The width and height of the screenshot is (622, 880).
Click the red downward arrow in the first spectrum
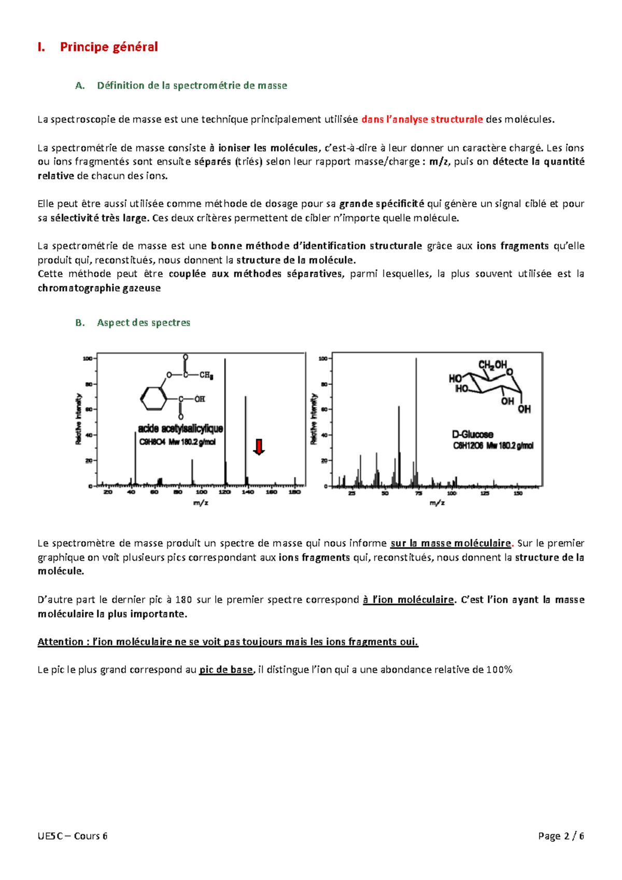tap(259, 446)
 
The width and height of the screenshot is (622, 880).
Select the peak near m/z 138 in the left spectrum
tap(246, 441)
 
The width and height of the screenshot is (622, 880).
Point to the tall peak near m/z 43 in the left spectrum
tap(135, 459)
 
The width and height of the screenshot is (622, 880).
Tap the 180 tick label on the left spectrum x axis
tap(294, 492)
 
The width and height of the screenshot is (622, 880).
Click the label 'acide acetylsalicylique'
tap(180, 429)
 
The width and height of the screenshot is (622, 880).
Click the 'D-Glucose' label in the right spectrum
tap(472, 434)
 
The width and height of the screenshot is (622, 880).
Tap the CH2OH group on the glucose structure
tap(492, 365)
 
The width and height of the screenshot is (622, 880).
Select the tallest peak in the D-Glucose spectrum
tap(416, 420)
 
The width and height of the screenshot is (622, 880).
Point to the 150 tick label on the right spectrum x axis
tap(518, 493)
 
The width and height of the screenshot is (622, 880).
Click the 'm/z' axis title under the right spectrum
tap(437, 503)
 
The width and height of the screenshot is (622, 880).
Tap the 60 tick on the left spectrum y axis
tap(89, 409)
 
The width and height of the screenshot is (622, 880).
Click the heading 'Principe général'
tap(109, 47)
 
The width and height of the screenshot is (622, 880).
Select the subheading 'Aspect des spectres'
tap(144, 322)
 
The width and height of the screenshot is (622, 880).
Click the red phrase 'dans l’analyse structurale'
tap(422, 119)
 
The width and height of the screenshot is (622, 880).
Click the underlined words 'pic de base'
tap(226, 670)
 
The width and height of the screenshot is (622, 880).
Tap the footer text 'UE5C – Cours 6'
tap(73, 835)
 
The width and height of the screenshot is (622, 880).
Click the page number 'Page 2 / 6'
tap(561, 835)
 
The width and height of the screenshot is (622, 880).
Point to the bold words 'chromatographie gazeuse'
tap(99, 288)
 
